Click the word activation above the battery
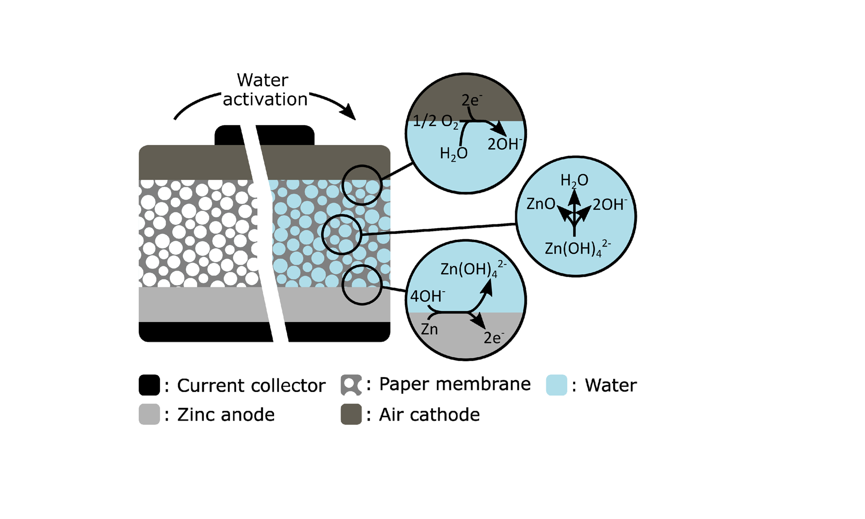[265, 99]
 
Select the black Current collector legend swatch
[149, 385]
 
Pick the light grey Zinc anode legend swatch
[149, 414]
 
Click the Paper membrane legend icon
[351, 385]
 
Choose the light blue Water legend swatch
[556, 385]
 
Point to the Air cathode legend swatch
[351, 414]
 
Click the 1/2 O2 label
[435, 121]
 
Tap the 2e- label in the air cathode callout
[472, 100]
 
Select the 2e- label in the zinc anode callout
[494, 337]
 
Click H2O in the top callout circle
[453, 154]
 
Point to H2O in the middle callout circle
[574, 181]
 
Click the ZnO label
[541, 204]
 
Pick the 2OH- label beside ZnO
[609, 205]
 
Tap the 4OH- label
[427, 296]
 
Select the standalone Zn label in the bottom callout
[429, 329]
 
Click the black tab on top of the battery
[284, 135]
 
